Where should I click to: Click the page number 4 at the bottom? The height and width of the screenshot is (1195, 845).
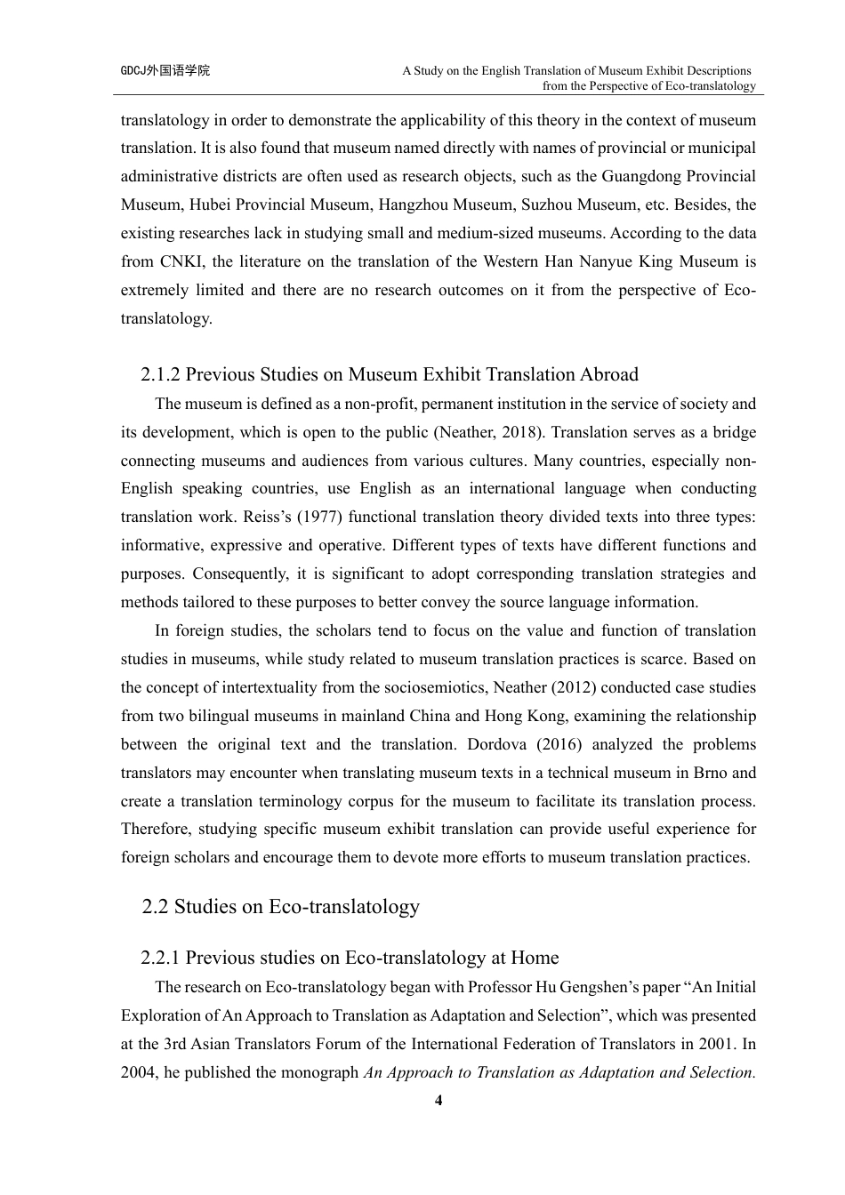438,1101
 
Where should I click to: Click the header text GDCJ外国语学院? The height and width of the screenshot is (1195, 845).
165,70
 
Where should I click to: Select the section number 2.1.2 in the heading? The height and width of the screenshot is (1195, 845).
160,374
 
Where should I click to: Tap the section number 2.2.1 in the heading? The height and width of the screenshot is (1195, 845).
160,958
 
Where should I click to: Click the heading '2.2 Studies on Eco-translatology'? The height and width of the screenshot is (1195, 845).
280,907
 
